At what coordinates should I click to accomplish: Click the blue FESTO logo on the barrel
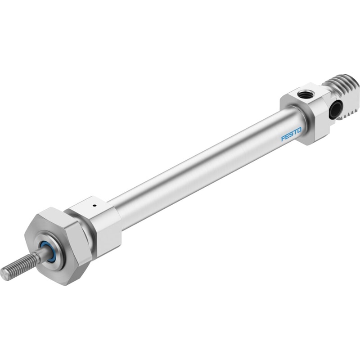click(291, 134)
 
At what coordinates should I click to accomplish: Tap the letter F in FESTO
click(283, 139)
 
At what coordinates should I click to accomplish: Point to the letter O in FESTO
click(299, 130)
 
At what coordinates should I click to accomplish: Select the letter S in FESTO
click(291, 134)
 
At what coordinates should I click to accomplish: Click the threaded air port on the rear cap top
click(301, 94)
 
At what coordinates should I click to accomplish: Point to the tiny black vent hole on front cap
click(94, 206)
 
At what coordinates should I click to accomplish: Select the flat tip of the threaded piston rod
click(4, 274)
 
